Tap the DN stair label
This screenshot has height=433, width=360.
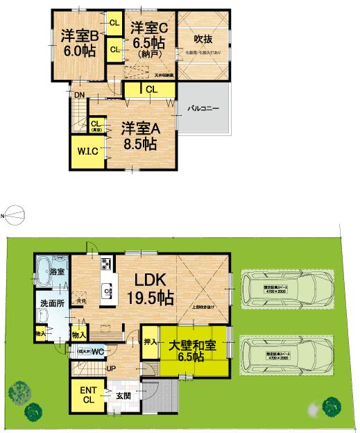(80, 96)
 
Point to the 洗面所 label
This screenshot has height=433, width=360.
(51, 303)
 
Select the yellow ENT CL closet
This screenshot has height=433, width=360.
(87, 396)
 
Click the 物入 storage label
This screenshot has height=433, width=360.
(79, 335)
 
